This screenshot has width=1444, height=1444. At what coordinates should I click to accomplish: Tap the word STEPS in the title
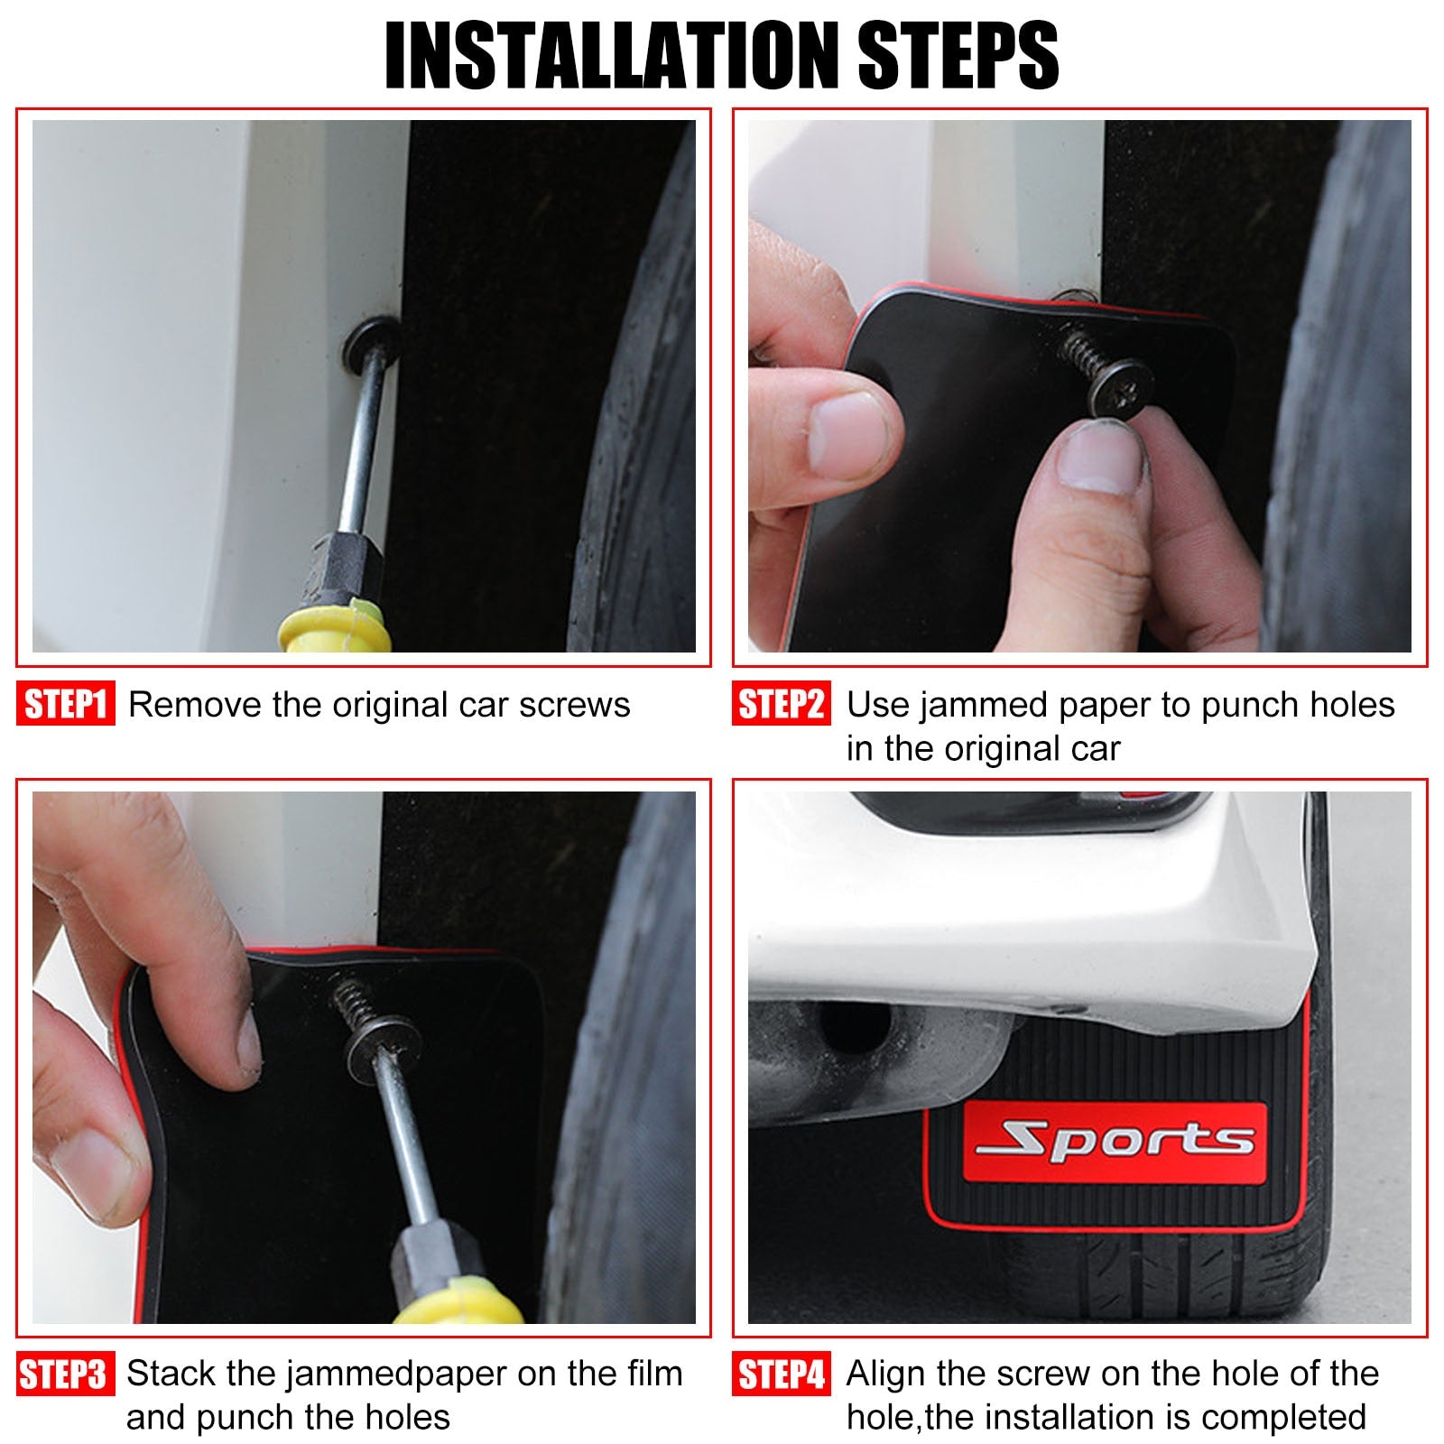pyautogui.click(x=958, y=56)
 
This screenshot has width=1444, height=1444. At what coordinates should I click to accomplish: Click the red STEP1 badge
pyautogui.click(x=66, y=704)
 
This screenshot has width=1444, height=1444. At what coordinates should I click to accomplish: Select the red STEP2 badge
pyautogui.click(x=782, y=704)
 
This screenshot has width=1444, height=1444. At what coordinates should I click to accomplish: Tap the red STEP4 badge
pyautogui.click(x=782, y=1374)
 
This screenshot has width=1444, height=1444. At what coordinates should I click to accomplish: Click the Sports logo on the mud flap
pyautogui.click(x=1115, y=1141)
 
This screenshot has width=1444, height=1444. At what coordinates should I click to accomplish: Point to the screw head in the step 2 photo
pyautogui.click(x=1120, y=387)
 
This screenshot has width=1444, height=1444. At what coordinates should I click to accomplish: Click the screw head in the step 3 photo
pyautogui.click(x=383, y=1050)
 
